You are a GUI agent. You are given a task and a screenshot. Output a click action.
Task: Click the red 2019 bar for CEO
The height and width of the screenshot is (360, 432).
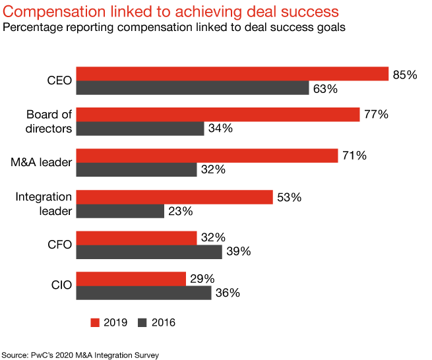[x=232, y=74]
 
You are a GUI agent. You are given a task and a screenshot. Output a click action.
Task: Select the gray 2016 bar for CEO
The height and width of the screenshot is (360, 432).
[x=193, y=88]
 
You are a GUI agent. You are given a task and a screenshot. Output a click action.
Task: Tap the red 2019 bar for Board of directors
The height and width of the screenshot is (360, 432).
[x=218, y=115]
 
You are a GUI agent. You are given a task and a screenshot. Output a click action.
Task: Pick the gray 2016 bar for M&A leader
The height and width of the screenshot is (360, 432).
[x=137, y=169]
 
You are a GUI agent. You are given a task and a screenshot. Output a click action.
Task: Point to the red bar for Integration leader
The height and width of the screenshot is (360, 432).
[x=174, y=196]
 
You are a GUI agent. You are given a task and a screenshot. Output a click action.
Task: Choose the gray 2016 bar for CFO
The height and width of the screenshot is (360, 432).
[x=149, y=252]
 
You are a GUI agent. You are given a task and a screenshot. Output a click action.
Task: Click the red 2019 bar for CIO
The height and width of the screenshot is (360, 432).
[x=131, y=279]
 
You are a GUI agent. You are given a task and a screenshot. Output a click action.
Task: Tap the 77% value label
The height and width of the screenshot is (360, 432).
[x=375, y=115]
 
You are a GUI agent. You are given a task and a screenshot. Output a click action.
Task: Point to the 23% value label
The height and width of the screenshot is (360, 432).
[x=179, y=212]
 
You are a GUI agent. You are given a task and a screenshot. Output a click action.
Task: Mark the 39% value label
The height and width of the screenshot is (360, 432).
[x=238, y=252]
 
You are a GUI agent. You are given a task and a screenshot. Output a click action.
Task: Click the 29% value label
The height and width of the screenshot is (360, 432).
[x=201, y=279]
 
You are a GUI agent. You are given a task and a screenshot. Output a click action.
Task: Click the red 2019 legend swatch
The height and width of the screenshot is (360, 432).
[x=94, y=322]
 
